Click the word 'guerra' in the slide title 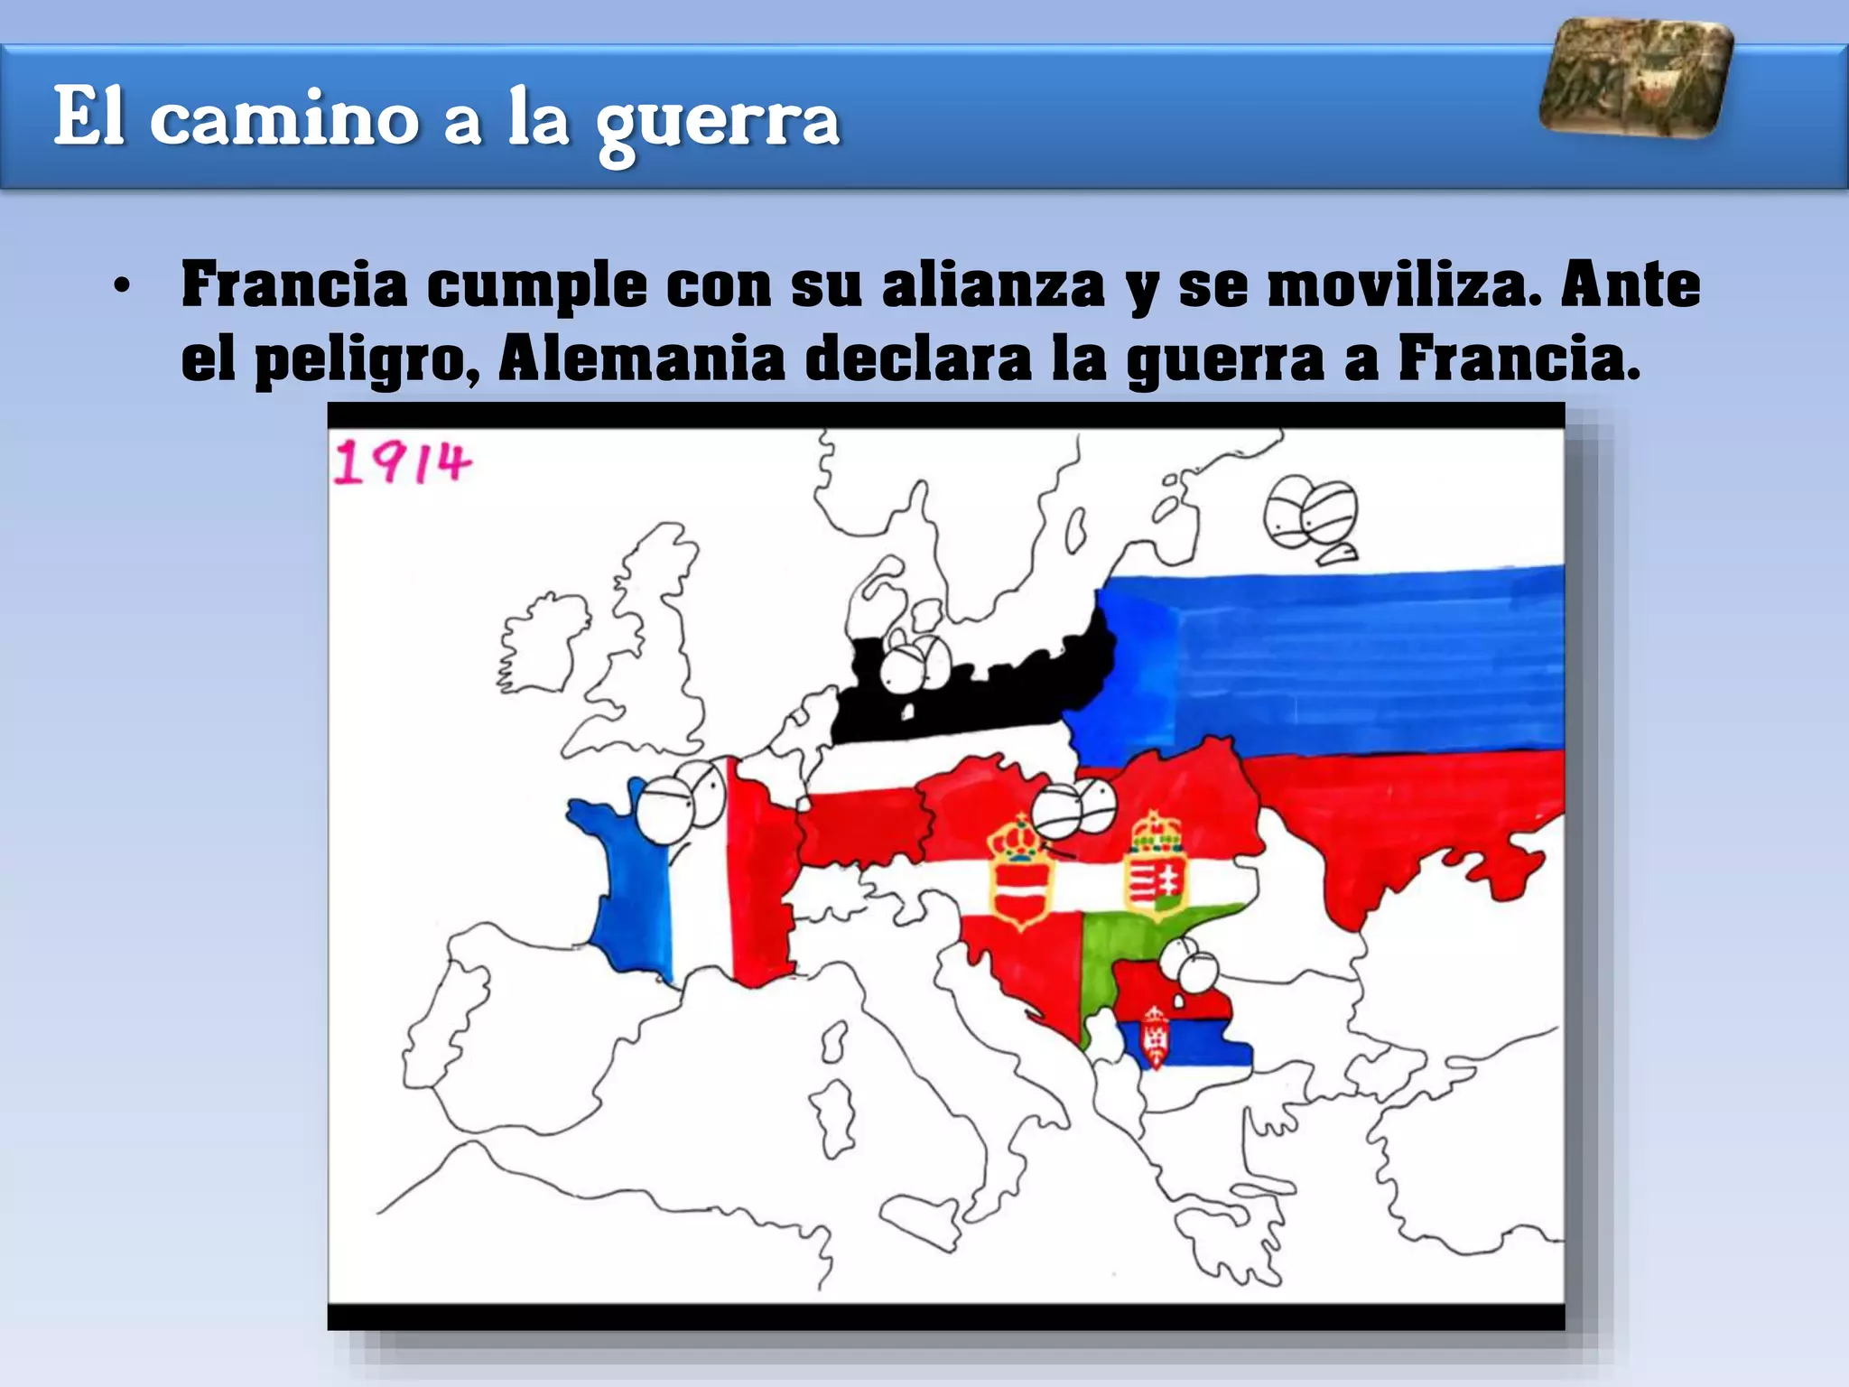coord(717,119)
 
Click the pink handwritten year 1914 coord(402,462)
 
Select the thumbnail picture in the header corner coord(1636,79)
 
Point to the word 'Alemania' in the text coord(641,358)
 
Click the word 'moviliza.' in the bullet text coord(1405,284)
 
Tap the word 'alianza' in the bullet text coord(993,284)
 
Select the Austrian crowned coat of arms coord(1020,872)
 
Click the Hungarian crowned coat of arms coord(1157,863)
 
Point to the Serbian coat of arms coord(1155,1037)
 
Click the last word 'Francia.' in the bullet coord(1519,358)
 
